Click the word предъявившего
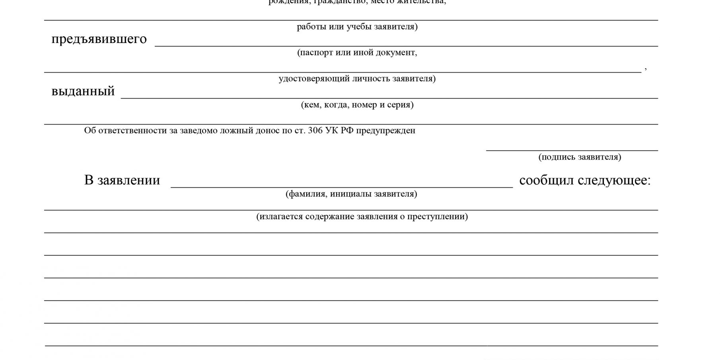click(x=99, y=39)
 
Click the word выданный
click(x=83, y=91)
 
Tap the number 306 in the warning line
click(x=315, y=130)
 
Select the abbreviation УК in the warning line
click(x=332, y=130)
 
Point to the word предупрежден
click(x=385, y=130)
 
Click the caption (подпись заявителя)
click(x=580, y=157)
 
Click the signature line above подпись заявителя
click(x=572, y=150)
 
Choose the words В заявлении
click(x=122, y=180)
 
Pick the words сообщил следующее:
click(x=585, y=180)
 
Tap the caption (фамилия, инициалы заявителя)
click(x=351, y=194)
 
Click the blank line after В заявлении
click(x=341, y=186)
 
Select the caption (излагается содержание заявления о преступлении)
click(x=362, y=216)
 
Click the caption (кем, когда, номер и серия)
click(x=357, y=105)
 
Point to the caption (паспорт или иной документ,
click(x=357, y=53)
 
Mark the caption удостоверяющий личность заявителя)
click(x=357, y=78)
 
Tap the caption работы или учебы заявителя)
click(x=357, y=27)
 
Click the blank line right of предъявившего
click(x=406, y=45)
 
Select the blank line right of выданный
click(x=389, y=97)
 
